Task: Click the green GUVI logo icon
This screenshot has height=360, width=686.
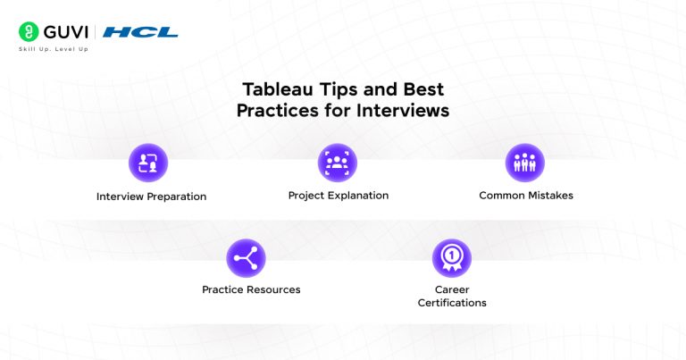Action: [27, 31]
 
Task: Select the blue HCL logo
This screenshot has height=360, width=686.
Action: [140, 32]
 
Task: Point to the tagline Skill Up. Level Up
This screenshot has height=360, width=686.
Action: [54, 49]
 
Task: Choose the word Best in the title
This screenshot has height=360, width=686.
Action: [423, 90]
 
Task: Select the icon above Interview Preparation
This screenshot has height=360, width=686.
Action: [148, 163]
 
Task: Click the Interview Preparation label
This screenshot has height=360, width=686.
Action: [151, 197]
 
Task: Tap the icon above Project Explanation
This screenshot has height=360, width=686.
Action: [338, 163]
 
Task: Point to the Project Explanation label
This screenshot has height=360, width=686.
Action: [338, 195]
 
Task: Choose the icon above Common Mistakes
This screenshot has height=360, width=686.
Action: [525, 163]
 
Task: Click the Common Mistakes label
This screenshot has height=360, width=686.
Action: [525, 195]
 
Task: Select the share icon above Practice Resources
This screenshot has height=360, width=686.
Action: [246, 258]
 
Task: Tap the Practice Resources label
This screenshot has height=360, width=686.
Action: [251, 289]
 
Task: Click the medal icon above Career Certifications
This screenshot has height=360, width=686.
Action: [452, 258]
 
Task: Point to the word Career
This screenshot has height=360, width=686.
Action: [452, 289]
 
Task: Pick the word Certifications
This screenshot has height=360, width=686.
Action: [452, 303]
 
